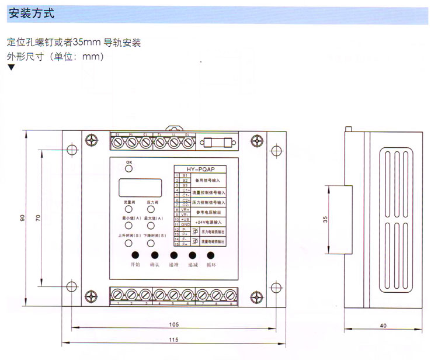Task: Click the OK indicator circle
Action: point(129,168)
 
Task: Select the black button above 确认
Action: point(155,255)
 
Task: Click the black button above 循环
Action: point(210,255)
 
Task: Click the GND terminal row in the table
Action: point(185,224)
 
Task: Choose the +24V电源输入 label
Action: point(209,222)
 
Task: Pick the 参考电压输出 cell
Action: point(209,211)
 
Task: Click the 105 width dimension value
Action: point(174,324)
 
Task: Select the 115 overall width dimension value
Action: point(174,340)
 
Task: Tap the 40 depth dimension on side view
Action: point(383,326)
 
